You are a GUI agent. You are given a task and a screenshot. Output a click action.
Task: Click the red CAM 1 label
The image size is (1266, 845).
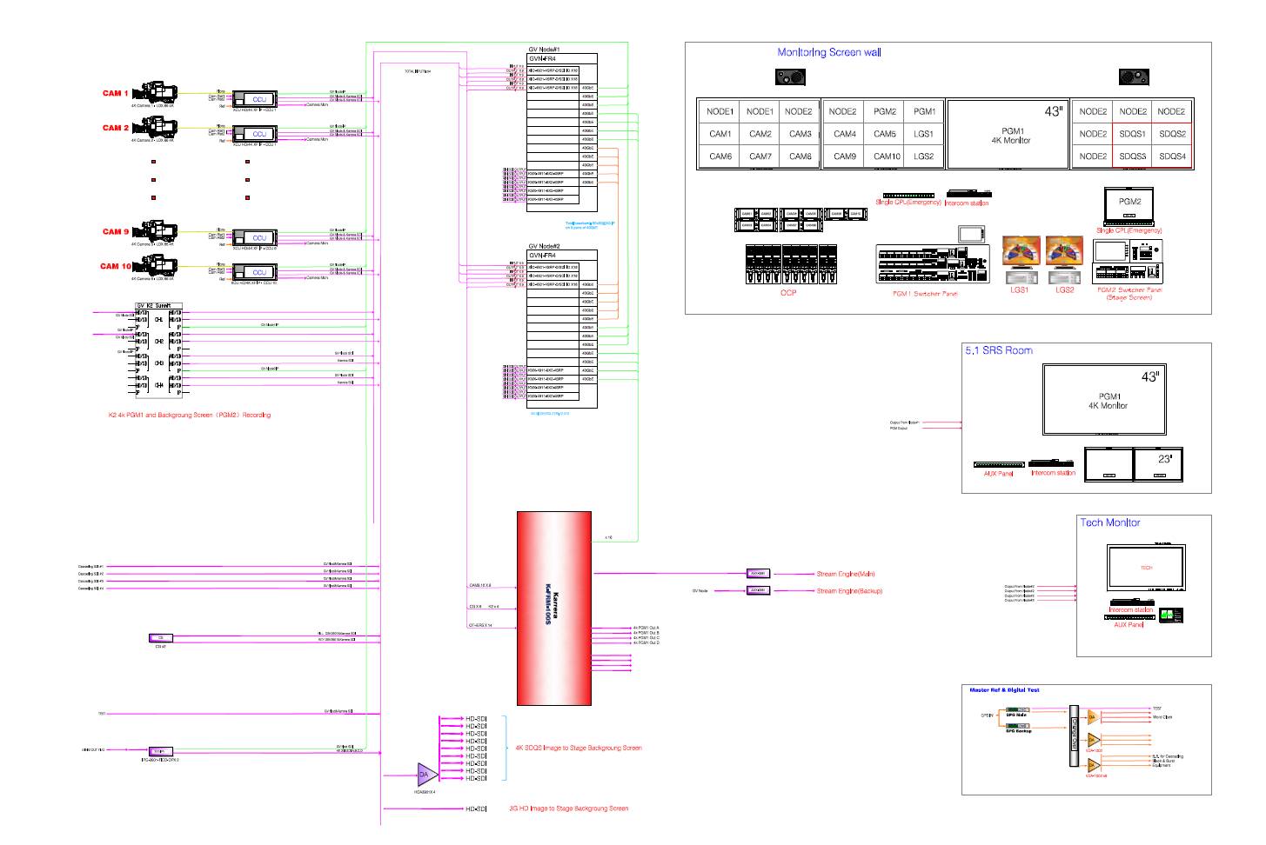(115, 93)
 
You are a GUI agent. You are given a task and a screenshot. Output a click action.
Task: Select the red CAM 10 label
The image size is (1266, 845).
(115, 267)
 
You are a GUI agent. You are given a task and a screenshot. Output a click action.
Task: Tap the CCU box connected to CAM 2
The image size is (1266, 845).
(259, 134)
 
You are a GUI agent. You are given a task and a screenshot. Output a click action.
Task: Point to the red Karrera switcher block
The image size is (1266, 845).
(554, 608)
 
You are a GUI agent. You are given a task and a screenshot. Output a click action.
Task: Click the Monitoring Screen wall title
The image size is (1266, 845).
(828, 52)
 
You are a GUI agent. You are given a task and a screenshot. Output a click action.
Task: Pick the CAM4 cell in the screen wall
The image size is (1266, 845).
(844, 134)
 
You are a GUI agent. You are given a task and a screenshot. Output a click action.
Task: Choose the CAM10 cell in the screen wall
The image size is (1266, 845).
(887, 156)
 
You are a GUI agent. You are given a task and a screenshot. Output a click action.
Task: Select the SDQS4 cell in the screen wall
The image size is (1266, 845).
(1172, 156)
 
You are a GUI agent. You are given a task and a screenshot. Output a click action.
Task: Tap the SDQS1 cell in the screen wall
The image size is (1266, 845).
(1132, 134)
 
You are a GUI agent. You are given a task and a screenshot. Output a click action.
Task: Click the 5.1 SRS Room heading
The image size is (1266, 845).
(998, 350)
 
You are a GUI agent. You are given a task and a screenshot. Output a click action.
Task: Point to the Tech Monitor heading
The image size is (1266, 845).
(1109, 522)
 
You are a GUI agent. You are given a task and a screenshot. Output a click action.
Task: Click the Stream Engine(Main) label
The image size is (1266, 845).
(846, 574)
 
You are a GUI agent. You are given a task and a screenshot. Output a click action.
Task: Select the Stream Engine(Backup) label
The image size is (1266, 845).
(848, 591)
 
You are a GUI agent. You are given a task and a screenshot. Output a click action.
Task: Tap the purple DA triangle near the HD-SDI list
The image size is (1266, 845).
(424, 775)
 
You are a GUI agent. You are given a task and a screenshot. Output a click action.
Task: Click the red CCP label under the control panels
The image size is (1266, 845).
(787, 293)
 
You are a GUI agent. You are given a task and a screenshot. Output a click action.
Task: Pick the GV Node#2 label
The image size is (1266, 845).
(544, 247)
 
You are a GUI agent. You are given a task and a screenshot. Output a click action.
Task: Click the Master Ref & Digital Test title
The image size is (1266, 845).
(1004, 690)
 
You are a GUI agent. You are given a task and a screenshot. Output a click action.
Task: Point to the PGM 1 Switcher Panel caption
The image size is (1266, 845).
(925, 294)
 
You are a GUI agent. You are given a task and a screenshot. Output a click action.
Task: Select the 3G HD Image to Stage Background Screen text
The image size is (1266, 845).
(568, 808)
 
